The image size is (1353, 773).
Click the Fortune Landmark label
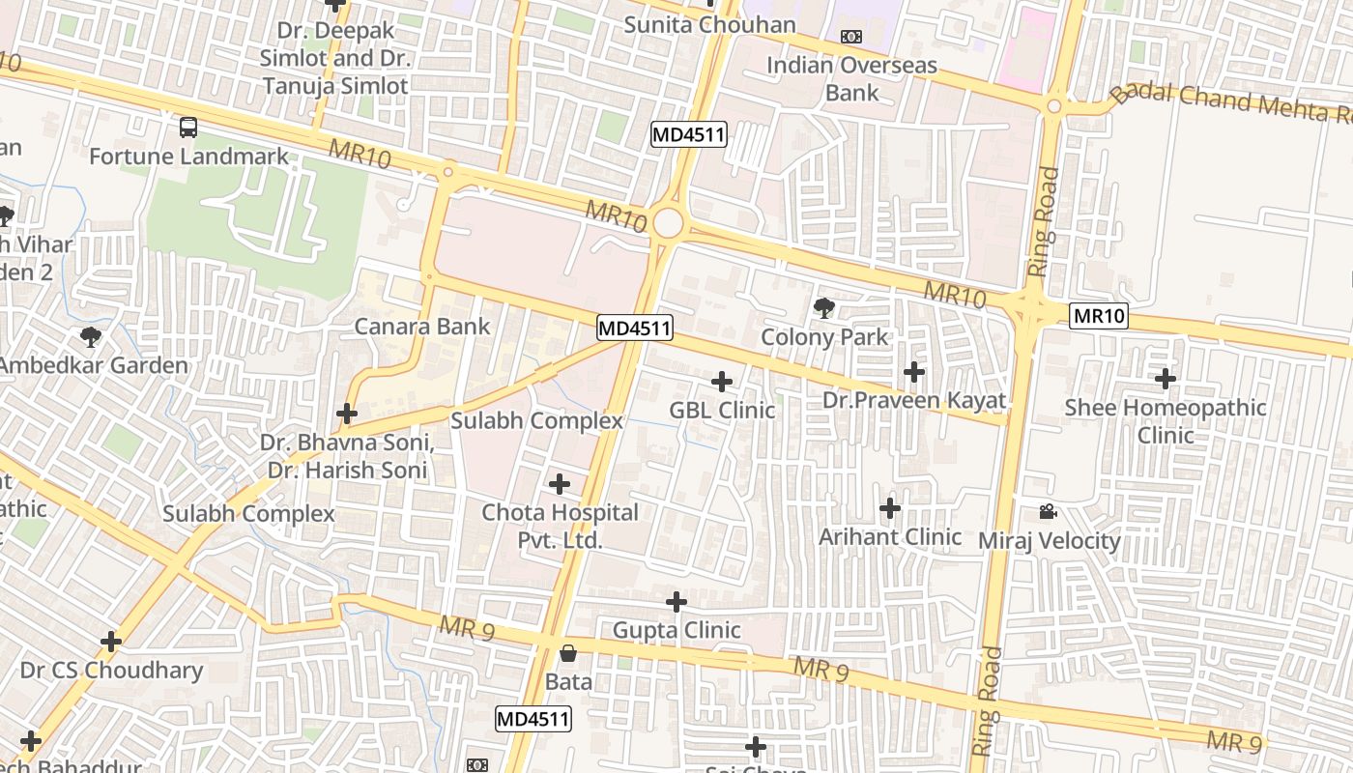(x=188, y=157)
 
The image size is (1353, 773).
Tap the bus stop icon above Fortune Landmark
(x=188, y=127)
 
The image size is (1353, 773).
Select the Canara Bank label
(x=422, y=327)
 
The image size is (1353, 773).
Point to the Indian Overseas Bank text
(x=851, y=79)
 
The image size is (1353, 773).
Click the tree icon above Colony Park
(x=824, y=308)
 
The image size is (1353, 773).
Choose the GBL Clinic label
(x=722, y=411)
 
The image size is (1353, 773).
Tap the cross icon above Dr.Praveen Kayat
(x=913, y=371)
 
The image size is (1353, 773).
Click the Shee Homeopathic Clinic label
(x=1166, y=421)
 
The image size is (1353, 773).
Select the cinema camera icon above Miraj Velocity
(x=1049, y=511)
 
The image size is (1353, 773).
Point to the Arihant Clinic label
(x=890, y=537)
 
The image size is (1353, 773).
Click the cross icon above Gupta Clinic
(x=676, y=602)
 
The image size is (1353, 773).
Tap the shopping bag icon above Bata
(x=568, y=654)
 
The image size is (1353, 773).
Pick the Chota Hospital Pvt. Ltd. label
(x=561, y=527)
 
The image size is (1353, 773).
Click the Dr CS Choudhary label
(x=111, y=671)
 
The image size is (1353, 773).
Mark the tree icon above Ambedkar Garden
(x=91, y=336)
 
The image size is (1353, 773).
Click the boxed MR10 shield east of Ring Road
(x=1099, y=316)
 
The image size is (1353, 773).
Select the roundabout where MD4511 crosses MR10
(x=668, y=224)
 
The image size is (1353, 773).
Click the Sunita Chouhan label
(x=709, y=25)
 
